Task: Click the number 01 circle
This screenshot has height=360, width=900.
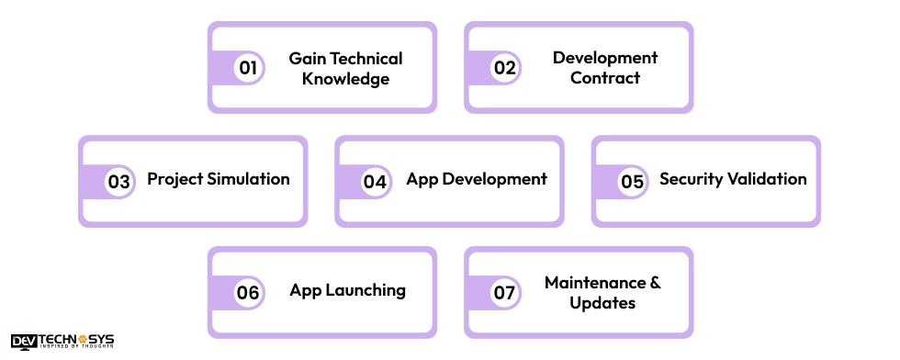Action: [x=248, y=68]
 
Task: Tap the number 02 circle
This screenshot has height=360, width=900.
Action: [x=504, y=68]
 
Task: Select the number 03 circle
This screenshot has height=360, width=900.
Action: [x=118, y=181]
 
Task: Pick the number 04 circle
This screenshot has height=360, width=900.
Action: [x=375, y=181]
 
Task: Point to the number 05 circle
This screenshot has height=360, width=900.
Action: [x=632, y=181]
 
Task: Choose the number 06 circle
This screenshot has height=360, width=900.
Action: [x=248, y=293]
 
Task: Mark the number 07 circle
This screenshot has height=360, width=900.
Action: [x=504, y=293]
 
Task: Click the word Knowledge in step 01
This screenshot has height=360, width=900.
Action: [x=346, y=79]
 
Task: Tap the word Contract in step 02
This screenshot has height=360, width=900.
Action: [x=605, y=78]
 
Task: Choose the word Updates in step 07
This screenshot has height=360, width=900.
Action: [x=602, y=302]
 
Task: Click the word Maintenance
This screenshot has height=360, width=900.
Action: [x=593, y=282]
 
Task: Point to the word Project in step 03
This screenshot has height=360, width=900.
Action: [x=174, y=179]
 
